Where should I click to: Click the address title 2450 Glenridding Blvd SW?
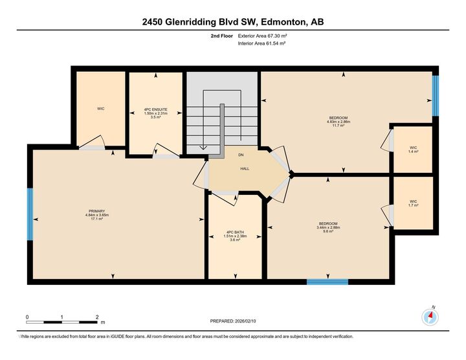coord(233,22)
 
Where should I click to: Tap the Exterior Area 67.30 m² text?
coord(261,36)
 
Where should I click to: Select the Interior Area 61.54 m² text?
coord(261,43)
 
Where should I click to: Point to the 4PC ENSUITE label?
coord(155,109)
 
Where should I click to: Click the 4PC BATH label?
coord(235,232)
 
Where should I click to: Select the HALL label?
coord(245,168)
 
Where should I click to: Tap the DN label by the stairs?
coord(241,155)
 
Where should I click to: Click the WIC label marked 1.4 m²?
coord(413,148)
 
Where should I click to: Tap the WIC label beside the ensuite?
coord(101,109)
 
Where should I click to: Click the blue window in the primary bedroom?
coord(30,214)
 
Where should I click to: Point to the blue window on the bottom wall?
coord(327,282)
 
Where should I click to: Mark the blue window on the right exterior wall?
coord(436,96)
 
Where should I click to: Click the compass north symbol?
coord(430,317)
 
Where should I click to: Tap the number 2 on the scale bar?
coord(96,317)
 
